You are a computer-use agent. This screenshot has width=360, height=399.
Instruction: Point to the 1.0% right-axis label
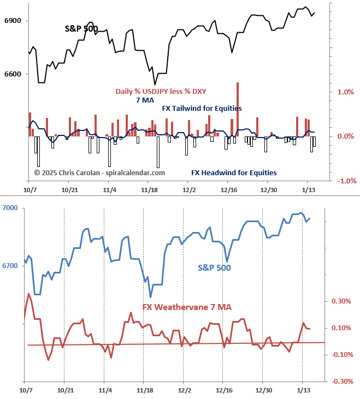(x=346, y=92)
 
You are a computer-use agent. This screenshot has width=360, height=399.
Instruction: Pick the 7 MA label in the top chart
(x=145, y=100)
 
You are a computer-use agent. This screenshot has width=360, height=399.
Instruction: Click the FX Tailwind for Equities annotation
(x=202, y=109)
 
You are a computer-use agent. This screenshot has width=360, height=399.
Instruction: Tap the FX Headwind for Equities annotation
(x=234, y=172)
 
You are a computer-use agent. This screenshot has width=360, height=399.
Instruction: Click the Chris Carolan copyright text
(x=99, y=172)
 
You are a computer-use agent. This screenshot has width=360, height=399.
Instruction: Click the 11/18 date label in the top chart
(x=149, y=190)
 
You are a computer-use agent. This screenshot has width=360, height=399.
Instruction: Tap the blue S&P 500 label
(x=214, y=268)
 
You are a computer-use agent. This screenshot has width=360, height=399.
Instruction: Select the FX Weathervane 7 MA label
(x=187, y=307)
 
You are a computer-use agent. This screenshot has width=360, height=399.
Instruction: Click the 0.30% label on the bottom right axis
(x=341, y=301)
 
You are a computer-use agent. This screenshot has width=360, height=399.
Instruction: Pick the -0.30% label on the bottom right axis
(x=340, y=381)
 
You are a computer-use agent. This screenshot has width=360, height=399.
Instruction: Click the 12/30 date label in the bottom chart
(x=264, y=391)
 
